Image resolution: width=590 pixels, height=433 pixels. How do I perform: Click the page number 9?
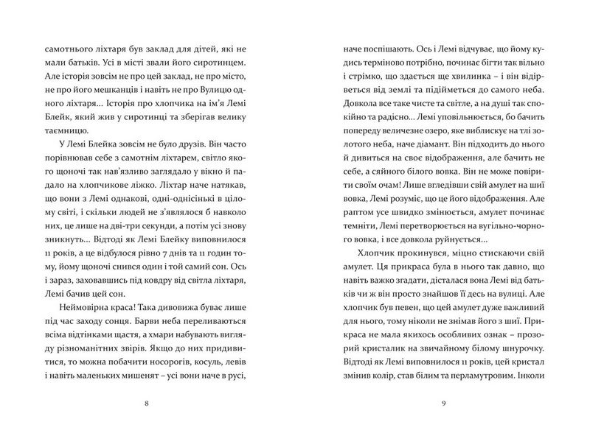442,402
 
